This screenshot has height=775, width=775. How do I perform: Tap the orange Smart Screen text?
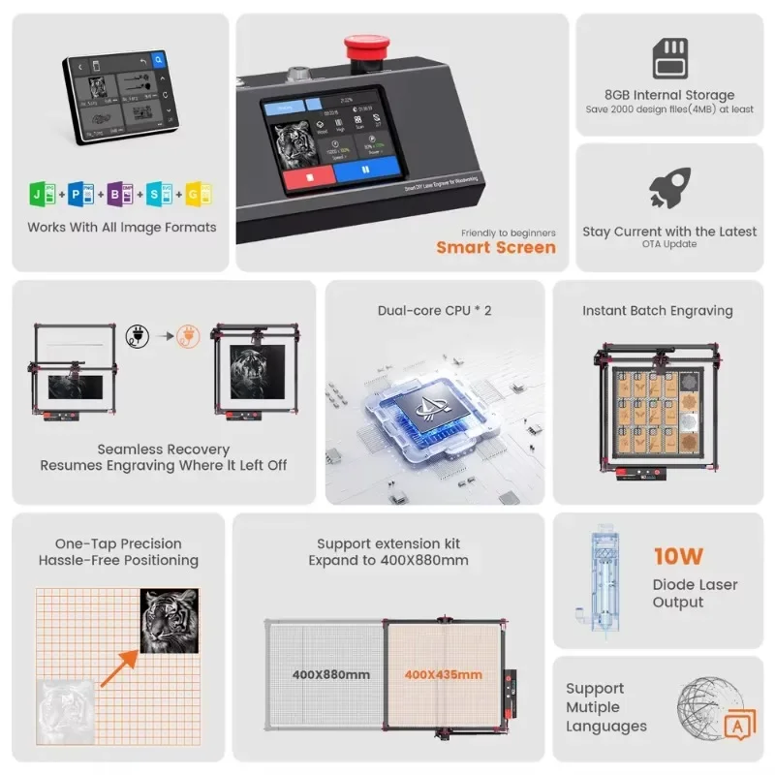pos(496,247)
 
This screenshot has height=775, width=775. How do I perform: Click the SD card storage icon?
pos(669,57)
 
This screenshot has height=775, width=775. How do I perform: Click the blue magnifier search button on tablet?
pos(159,60)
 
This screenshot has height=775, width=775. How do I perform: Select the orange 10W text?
pos(678,556)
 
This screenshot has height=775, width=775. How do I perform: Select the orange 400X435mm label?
pos(443,674)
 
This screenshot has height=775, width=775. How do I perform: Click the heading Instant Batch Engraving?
pos(657,311)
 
